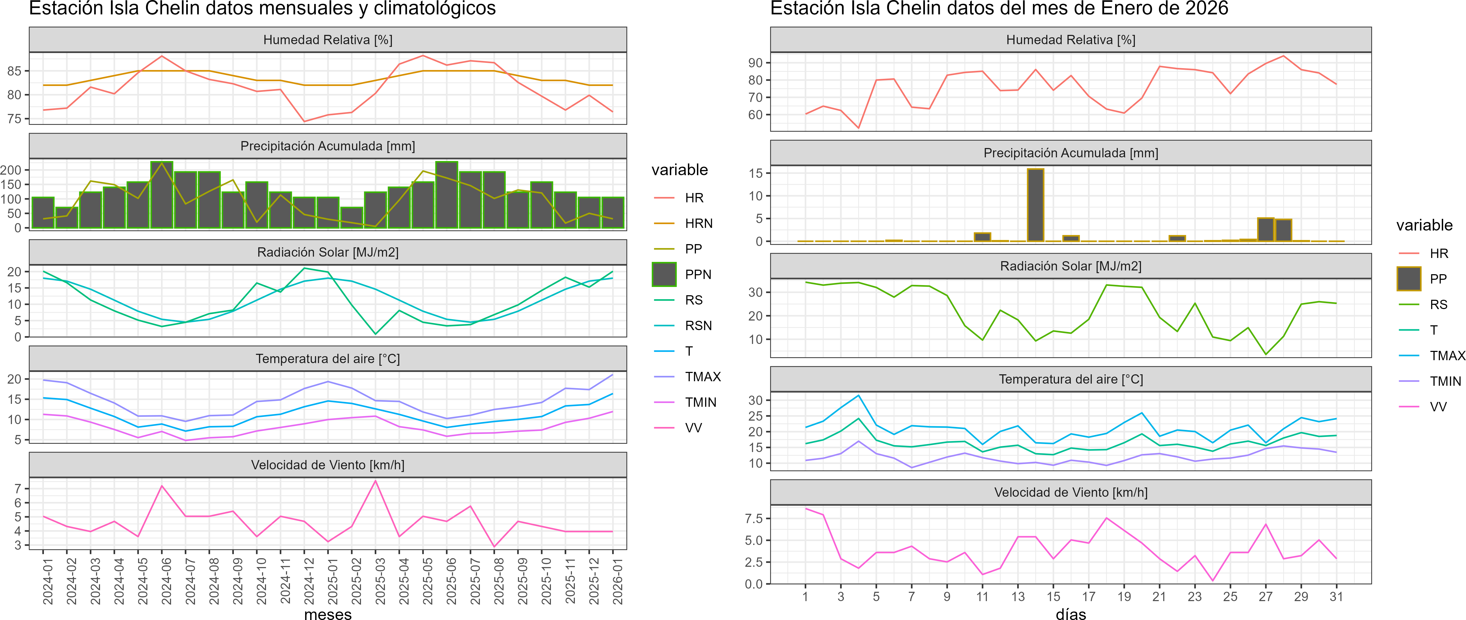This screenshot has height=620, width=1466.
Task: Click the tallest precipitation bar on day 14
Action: (x=1035, y=205)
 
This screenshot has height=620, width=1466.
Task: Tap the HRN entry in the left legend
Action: (x=698, y=223)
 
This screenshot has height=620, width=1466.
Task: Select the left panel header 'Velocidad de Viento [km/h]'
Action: (x=328, y=465)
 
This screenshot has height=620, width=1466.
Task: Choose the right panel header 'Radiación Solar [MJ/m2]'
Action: (x=1070, y=266)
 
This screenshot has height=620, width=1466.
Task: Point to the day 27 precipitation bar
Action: (x=1266, y=229)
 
